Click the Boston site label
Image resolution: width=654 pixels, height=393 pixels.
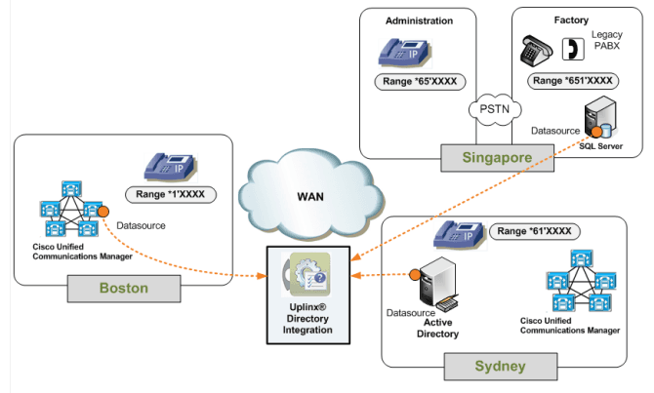click(x=123, y=289)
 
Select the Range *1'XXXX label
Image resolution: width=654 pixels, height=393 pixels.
click(x=171, y=195)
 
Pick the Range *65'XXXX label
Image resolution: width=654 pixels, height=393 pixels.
click(x=418, y=82)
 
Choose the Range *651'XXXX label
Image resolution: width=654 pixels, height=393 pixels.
click(x=571, y=82)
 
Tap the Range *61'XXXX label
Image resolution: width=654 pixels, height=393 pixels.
click(x=532, y=231)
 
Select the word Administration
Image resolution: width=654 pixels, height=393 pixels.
click(x=419, y=20)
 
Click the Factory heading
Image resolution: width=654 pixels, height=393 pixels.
click(x=572, y=20)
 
